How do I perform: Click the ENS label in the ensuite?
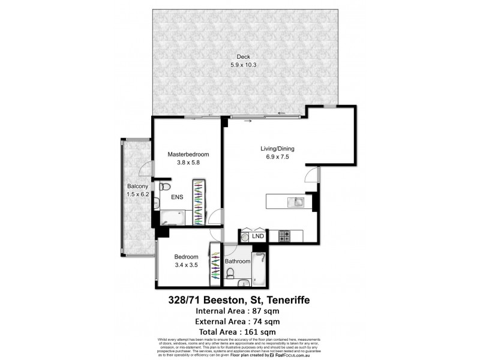(x=178, y=197)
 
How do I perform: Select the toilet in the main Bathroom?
(x=231, y=275)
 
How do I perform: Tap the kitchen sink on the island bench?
(x=295, y=202)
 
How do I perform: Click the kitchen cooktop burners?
(x=284, y=236)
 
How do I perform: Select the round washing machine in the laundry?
(x=245, y=237)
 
